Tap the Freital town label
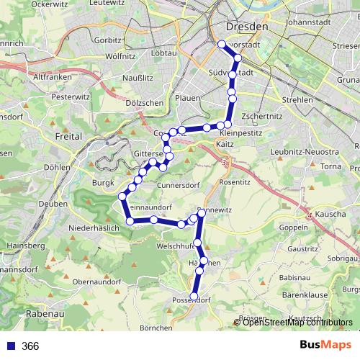[x=70, y=135]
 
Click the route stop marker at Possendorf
[x=194, y=296]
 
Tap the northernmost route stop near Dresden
[x=222, y=45]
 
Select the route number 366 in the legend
[x=30, y=346]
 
